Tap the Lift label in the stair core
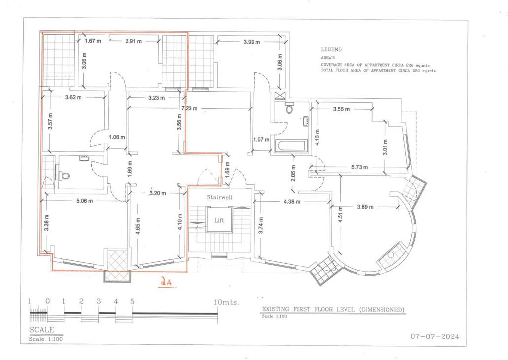point(219,220)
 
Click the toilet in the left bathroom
point(65,175)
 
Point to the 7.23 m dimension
point(189,108)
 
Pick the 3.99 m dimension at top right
point(252,42)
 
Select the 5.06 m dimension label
point(85,201)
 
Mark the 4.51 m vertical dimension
point(340,219)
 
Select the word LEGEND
point(331,50)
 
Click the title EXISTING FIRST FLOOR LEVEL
point(333,310)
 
